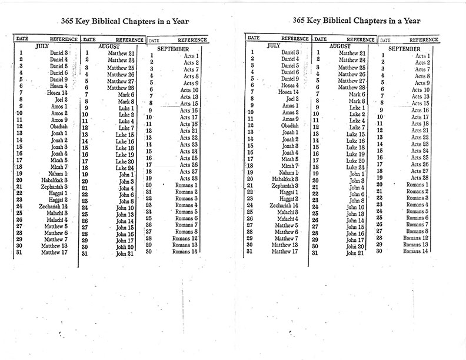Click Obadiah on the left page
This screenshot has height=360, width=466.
59,126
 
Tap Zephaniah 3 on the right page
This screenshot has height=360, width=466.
287,185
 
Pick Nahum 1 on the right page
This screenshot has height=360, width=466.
289,173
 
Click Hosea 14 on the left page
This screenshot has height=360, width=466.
58,92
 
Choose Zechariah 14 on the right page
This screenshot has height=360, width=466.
286,206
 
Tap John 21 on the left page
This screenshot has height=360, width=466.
125,254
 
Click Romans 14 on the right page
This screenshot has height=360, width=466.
416,251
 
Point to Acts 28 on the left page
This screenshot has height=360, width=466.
189,178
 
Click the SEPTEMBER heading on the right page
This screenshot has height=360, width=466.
404,49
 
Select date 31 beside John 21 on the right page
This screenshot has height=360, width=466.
315,254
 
